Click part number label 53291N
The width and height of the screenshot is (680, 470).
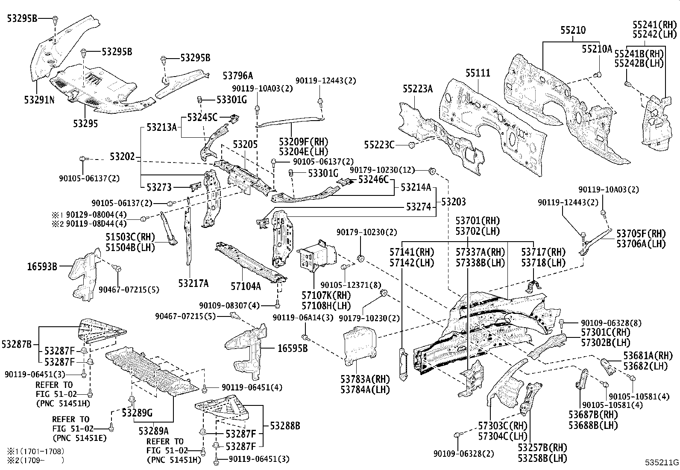39,99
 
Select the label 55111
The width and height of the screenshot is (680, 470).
478,73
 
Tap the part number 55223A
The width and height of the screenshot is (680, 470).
417,89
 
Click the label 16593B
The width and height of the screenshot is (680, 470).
42,267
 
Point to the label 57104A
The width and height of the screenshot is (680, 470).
246,286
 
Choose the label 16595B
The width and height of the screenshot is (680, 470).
293,349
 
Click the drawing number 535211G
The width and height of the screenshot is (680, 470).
662,462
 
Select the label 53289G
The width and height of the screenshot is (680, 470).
137,413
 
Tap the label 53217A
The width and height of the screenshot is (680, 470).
193,283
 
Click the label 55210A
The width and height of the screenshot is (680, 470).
597,49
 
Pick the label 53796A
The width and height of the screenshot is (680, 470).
238,76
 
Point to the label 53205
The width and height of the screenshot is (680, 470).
245,145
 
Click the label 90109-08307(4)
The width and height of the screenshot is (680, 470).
229,305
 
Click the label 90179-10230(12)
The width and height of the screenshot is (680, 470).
382,170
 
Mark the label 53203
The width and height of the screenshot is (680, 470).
453,201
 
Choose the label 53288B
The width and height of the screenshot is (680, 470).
284,426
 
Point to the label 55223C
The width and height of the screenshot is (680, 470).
379,145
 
